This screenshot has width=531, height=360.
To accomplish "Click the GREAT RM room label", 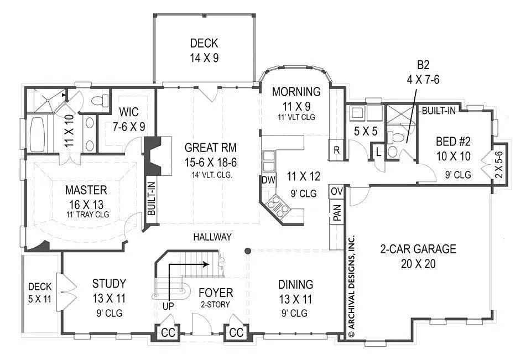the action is (x=211, y=148).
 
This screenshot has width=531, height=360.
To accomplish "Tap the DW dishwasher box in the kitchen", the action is (x=269, y=180).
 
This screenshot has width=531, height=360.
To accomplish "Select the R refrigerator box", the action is (x=337, y=150).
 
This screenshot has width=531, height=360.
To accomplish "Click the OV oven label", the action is (x=337, y=191).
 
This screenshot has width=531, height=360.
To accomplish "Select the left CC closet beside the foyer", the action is (x=168, y=333).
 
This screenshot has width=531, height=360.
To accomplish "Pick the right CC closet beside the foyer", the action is (x=236, y=333).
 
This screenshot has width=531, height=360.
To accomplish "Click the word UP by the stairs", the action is (x=168, y=306).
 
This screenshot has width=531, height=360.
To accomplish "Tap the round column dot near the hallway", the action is (x=248, y=251).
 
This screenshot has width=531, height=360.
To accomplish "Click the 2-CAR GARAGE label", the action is (x=418, y=249).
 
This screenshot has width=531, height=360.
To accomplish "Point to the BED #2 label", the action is (x=453, y=141).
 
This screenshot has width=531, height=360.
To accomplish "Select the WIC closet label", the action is (x=129, y=112).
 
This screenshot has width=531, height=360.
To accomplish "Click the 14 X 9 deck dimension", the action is (x=204, y=58).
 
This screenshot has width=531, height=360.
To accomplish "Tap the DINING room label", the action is (x=295, y=284).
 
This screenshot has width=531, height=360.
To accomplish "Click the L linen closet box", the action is (x=378, y=152).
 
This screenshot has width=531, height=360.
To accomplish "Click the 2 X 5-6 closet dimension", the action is (x=499, y=164).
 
